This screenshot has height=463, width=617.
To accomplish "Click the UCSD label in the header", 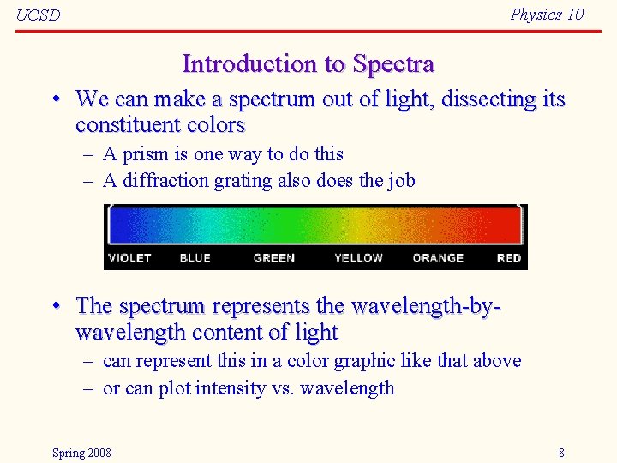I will click(39, 15).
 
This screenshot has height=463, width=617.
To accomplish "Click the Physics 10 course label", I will click(547, 14).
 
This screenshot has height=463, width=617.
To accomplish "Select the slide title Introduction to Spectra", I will click(308, 64).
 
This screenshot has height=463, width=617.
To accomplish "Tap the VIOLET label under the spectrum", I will click(129, 257).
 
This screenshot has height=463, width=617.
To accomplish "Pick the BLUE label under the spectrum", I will click(195, 257).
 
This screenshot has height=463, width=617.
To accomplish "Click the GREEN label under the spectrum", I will click(274, 257).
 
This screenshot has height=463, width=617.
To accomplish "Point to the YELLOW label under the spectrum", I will click(358, 257).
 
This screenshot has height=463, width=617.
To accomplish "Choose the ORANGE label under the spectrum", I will click(438, 257).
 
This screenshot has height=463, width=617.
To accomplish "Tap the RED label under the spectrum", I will click(509, 257).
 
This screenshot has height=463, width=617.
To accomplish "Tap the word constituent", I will click(123, 125).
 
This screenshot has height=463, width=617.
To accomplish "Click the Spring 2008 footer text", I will click(81, 453).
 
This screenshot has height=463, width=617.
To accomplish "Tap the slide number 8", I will click(561, 453).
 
